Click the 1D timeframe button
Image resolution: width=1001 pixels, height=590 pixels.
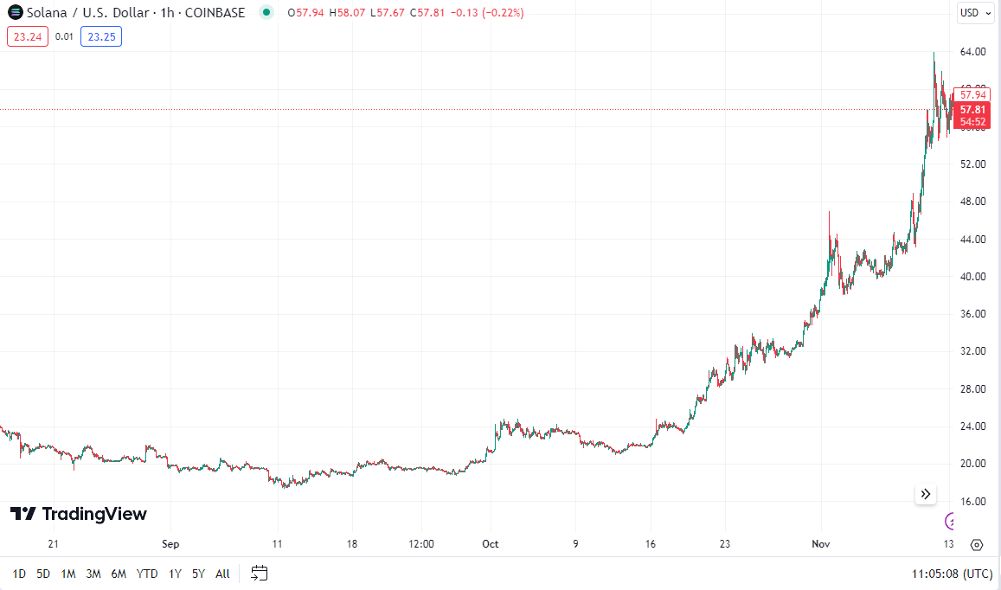[x=19, y=574]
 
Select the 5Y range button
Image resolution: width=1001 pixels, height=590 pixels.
[x=198, y=574]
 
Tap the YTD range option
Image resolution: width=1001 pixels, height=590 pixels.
[x=147, y=574]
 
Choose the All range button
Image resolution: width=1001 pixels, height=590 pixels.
[x=222, y=574]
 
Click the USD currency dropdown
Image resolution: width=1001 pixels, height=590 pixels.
[x=975, y=13]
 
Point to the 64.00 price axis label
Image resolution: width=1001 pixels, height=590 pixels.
[x=973, y=52]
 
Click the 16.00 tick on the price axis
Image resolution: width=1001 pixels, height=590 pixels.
[x=973, y=501]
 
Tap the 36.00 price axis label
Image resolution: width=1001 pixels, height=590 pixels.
[x=973, y=314]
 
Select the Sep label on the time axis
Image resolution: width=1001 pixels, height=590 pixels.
[x=170, y=544]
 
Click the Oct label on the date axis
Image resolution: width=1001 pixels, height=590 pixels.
[x=491, y=544]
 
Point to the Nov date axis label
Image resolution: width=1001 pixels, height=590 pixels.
[x=821, y=544]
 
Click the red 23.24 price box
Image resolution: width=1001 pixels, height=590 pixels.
[x=28, y=36]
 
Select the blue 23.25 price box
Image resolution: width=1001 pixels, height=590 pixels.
[x=101, y=36]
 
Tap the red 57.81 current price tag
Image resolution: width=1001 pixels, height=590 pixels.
[x=972, y=110]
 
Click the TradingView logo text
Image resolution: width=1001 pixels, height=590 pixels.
[x=93, y=514]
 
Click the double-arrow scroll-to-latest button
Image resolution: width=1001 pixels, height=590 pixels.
[x=926, y=494]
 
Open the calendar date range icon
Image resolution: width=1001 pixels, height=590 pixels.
[x=260, y=573]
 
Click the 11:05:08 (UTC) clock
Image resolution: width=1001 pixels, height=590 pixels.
[x=952, y=574]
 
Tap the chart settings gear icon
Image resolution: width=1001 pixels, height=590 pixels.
[x=977, y=544]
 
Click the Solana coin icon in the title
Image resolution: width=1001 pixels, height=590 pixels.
[x=15, y=13]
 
